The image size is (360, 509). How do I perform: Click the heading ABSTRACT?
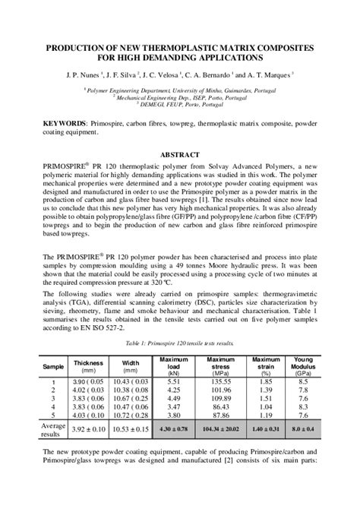(x=180, y=154)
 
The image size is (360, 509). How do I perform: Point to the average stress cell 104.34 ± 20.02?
(x=220, y=430)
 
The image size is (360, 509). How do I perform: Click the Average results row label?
(x=53, y=430)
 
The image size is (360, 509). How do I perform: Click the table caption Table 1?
(x=179, y=343)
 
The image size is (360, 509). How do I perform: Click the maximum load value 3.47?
(x=172, y=406)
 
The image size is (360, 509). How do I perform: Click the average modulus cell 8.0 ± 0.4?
(x=303, y=430)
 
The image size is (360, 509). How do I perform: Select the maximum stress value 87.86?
(x=220, y=416)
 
